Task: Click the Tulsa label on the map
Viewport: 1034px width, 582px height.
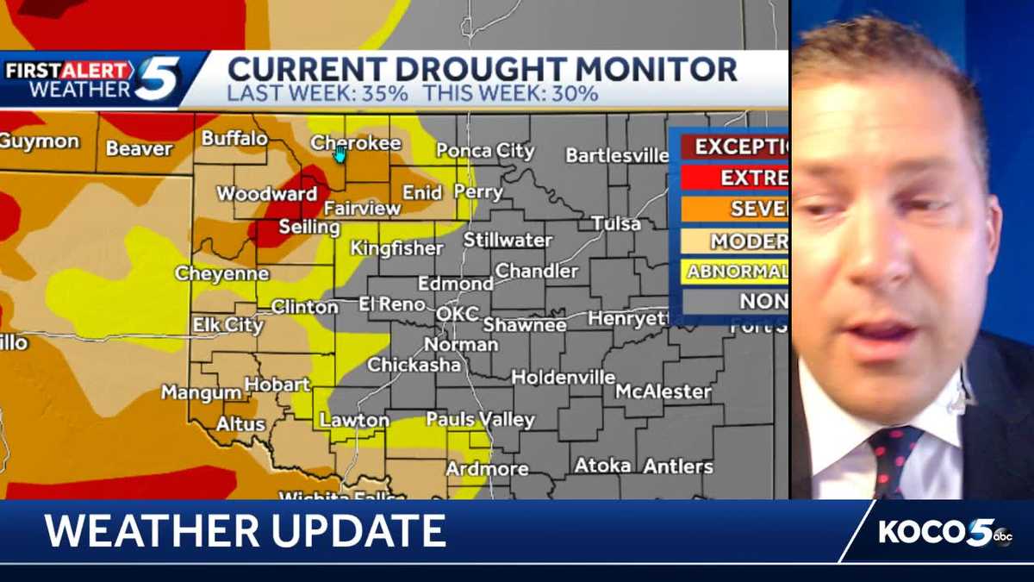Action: pos(616,224)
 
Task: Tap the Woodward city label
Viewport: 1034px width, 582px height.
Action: pos(267,194)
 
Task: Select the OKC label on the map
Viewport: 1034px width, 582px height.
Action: pos(457,314)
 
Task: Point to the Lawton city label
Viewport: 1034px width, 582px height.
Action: pos(355,421)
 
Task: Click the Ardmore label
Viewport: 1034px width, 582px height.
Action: pos(487,469)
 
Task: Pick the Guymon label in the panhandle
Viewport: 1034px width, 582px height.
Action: pos(39,141)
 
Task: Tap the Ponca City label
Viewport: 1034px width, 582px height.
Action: pos(485,151)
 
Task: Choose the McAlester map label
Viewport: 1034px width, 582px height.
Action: pos(663,391)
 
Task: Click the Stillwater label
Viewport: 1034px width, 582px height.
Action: pos(508,241)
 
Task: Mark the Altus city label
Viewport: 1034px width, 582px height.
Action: pos(240,424)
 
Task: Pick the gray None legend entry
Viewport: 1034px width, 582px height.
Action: pos(763,301)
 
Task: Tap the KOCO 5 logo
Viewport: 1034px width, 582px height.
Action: pos(944,532)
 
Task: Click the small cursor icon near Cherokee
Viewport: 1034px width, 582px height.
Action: pos(340,154)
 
